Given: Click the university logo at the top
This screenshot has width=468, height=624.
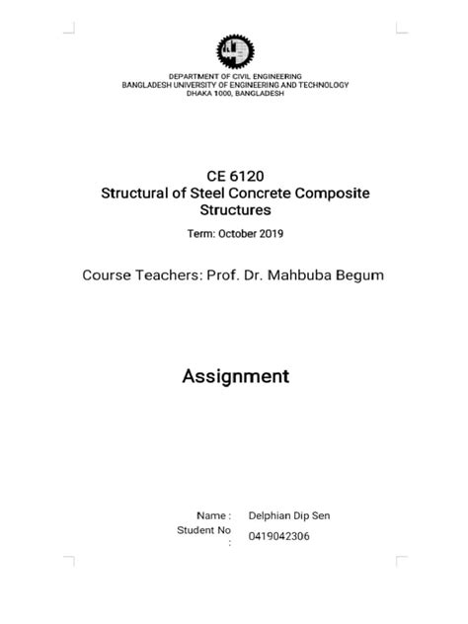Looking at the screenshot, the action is point(234,50).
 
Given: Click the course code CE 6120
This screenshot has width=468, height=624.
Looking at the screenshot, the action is point(234,174).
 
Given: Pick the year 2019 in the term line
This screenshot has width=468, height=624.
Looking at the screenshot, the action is point(272,233).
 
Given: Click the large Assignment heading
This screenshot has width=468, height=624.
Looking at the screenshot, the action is point(234,376).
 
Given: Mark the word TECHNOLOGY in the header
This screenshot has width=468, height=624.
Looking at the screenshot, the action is point(319,85).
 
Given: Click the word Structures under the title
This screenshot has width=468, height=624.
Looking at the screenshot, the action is point(234,210).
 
